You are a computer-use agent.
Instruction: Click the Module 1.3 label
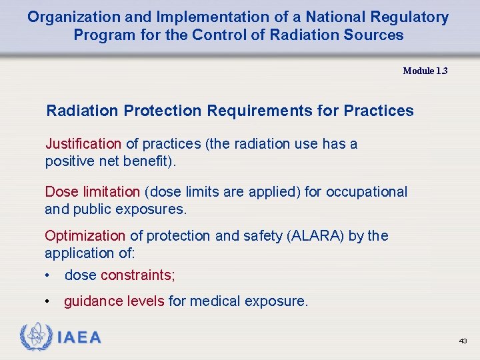(425, 71)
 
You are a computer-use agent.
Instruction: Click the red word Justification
(83, 144)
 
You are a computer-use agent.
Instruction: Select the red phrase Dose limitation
(92, 192)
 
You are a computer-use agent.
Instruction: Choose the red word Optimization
(85, 236)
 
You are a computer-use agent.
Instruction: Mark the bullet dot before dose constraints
(48, 275)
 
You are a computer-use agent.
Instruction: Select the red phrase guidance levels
(114, 301)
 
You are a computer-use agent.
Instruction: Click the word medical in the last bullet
(215, 301)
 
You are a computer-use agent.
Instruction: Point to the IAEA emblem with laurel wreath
(35, 337)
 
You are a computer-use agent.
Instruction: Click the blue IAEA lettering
(79, 338)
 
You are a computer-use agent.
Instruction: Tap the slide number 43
(463, 341)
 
